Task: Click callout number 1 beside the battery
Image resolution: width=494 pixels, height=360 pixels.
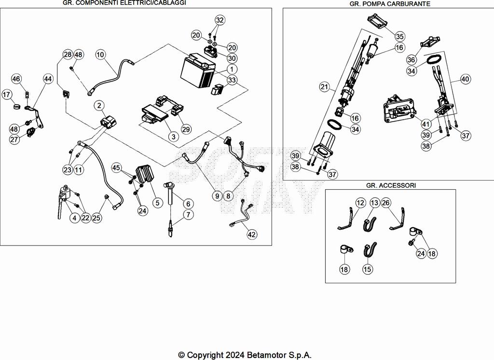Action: coord(232,69)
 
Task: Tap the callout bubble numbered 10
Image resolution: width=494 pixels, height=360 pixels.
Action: coord(100,55)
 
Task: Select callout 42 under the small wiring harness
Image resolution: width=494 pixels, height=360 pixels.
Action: coord(252,235)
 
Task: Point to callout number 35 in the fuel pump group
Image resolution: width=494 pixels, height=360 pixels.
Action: coord(400,36)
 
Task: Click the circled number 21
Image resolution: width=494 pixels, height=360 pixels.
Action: coord(324,87)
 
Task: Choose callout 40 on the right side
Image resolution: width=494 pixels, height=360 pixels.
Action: coord(465,79)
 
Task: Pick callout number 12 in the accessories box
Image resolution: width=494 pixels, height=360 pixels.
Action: coord(361,203)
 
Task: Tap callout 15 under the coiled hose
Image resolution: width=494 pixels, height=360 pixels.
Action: coord(368,269)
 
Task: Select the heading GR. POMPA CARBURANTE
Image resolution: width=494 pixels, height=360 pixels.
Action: coord(390,3)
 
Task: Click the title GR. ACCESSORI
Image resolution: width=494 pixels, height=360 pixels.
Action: coord(390,185)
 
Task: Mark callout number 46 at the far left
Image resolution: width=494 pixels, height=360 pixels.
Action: coord(16,79)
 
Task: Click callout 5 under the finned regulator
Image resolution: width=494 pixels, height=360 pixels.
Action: coord(157,203)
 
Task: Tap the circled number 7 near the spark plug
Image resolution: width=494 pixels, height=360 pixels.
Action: coord(187,214)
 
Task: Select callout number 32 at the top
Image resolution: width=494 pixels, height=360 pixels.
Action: coord(220,20)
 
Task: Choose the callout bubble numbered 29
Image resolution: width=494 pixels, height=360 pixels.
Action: coord(186,129)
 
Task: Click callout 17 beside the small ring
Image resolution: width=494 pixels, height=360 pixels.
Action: coord(6,95)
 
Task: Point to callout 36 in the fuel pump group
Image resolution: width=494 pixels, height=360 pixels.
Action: coord(411,59)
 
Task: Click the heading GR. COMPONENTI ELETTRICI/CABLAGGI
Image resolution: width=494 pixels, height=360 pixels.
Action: coord(124,3)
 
